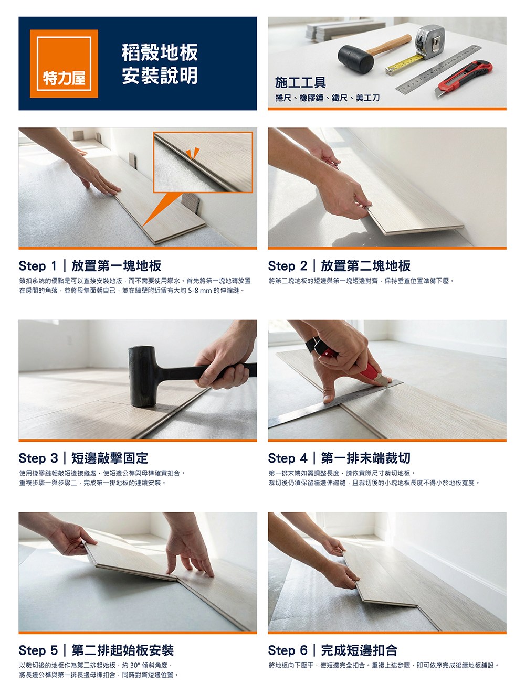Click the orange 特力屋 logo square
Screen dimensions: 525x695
64,63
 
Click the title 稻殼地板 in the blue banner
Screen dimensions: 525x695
160,52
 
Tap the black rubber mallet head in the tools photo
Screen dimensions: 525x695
355,59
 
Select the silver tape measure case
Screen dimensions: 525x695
430,41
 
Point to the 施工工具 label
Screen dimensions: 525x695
300,82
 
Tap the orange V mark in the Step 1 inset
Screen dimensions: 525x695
193,154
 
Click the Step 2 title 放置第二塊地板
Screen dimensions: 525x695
365,265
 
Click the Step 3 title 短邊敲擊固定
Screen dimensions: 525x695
109,458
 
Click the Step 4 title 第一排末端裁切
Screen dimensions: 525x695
365,458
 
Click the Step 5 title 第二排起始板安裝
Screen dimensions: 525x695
122,650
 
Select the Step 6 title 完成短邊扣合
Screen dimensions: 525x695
359,650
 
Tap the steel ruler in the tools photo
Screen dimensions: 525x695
439,69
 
